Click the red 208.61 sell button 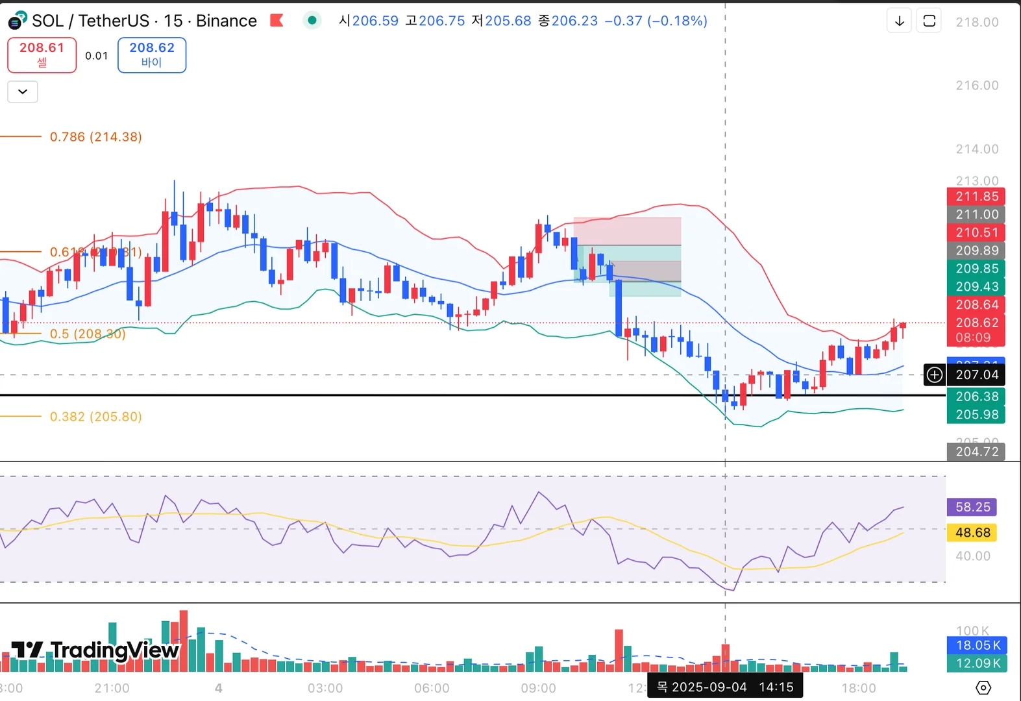(x=42, y=55)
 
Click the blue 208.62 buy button (x=152, y=55)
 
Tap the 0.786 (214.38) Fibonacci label (x=95, y=137)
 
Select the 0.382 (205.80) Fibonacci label (x=95, y=417)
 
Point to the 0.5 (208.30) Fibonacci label (x=87, y=334)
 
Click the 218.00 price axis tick (x=977, y=22)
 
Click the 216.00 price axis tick (x=977, y=86)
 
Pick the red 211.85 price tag (x=976, y=197)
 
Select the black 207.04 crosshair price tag (x=976, y=375)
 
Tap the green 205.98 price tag (x=976, y=415)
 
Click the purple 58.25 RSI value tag (x=972, y=507)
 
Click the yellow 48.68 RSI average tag (x=972, y=533)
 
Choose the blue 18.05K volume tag (x=977, y=645)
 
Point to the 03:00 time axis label (x=325, y=688)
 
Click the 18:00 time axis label (x=858, y=688)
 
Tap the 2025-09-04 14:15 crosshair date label (x=725, y=687)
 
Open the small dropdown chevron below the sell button (x=23, y=92)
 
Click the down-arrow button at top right (x=899, y=21)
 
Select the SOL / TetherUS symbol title (x=144, y=21)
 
